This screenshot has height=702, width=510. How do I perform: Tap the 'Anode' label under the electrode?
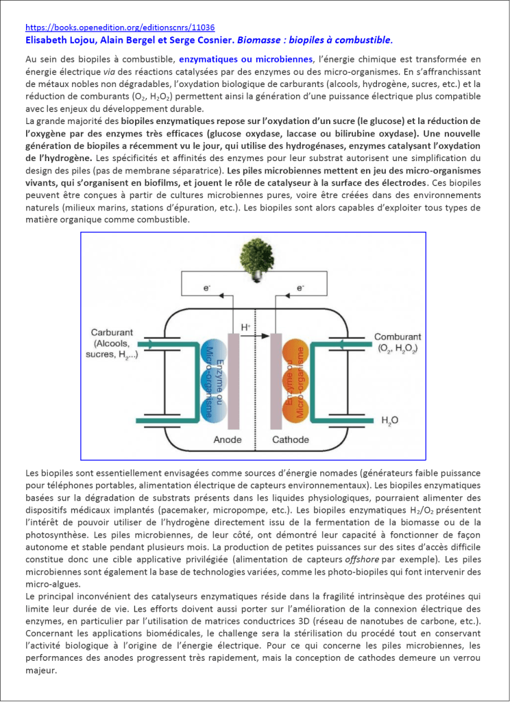coord(228,439)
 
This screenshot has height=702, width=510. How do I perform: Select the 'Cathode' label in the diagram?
coord(291,439)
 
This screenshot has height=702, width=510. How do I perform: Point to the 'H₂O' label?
coord(389,420)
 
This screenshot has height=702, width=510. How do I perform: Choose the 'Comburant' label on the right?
coord(397,337)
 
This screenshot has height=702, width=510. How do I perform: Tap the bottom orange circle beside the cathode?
coord(298,407)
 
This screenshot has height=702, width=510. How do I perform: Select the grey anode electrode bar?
coord(232,377)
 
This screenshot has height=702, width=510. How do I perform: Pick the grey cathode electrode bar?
coord(277,377)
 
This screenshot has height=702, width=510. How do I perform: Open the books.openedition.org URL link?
coord(120,28)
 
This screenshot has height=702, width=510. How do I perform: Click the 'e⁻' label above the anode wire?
coord(206,289)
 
